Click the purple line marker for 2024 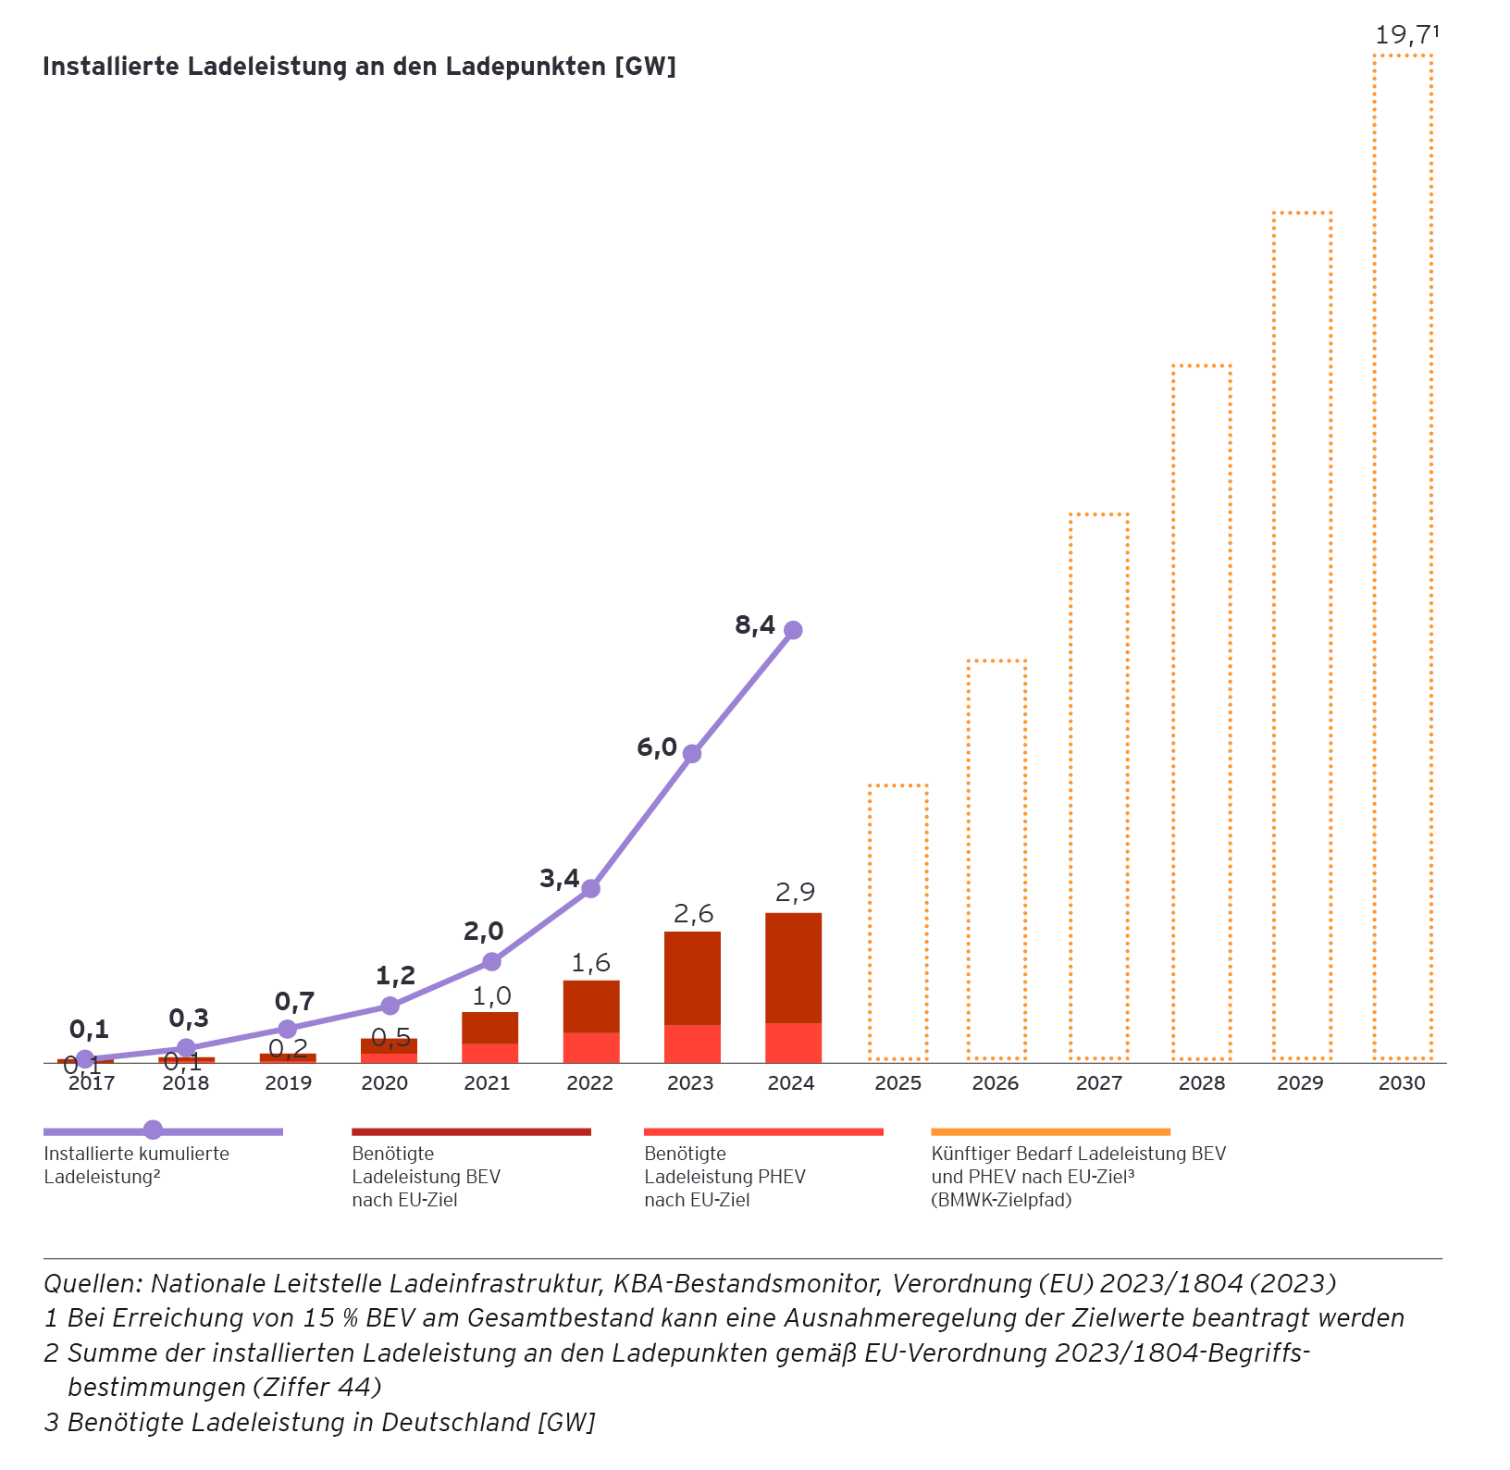click(793, 630)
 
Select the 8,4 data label click(755, 626)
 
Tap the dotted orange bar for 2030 click(1403, 555)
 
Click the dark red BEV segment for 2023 click(692, 978)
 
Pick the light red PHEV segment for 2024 click(793, 1043)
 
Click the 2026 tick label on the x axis click(996, 1083)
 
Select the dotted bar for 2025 click(897, 922)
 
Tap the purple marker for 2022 click(590, 889)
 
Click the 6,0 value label click(657, 747)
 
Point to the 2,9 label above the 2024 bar click(795, 893)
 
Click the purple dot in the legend click(154, 1130)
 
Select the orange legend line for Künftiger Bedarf click(1050, 1131)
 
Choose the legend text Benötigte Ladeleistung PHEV click(724, 1177)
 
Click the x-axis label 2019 click(289, 1083)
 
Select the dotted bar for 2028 click(1201, 712)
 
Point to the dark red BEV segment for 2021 click(489, 1028)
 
